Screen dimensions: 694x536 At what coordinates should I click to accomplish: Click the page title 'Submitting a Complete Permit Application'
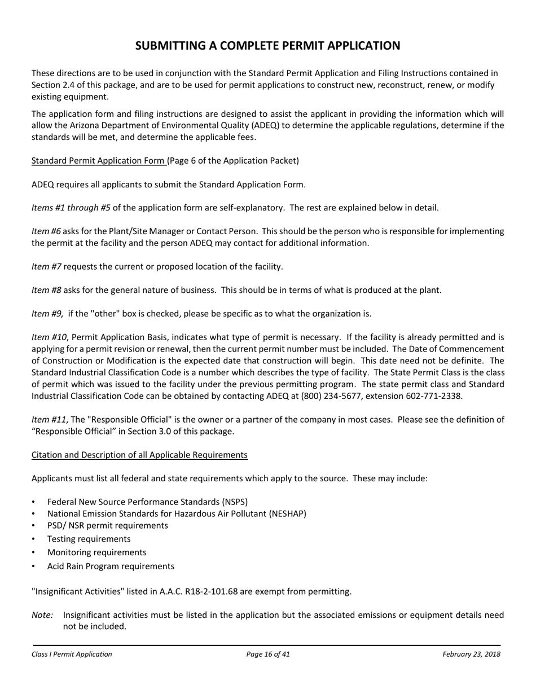point(267,46)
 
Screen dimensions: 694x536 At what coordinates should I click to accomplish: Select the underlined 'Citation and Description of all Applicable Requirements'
point(139,455)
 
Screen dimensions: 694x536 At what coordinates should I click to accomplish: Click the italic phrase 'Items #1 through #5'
point(71,208)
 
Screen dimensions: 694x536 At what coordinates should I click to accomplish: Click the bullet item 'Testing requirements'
point(89,539)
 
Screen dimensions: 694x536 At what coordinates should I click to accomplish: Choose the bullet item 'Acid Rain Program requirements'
point(111,566)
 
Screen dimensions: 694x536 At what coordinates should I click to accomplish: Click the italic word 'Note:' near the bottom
point(42,615)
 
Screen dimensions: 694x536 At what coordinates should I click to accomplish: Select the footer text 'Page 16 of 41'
point(268,655)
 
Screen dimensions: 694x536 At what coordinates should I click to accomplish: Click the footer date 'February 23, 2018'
point(471,655)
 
